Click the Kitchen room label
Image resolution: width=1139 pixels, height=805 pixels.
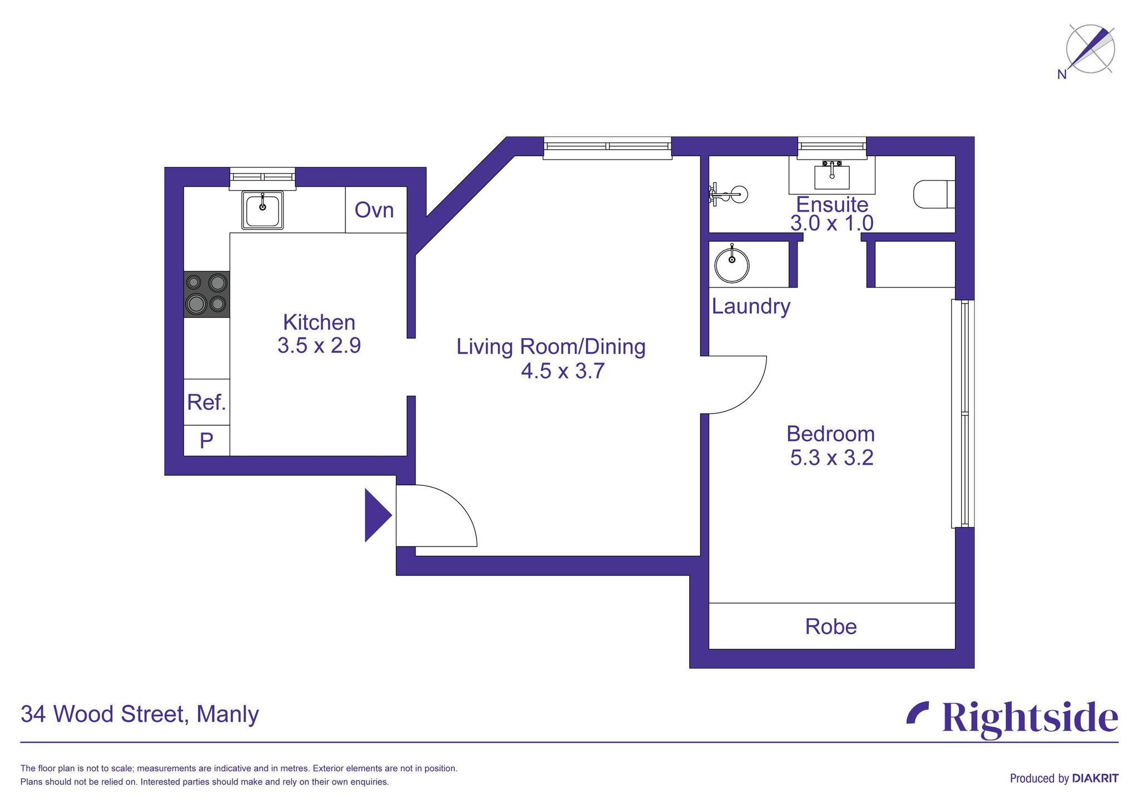pos(319,322)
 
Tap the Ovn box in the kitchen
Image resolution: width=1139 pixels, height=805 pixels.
pos(374,210)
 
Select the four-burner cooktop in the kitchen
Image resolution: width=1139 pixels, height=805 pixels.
pos(206,294)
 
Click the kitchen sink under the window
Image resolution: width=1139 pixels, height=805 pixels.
pos(263,210)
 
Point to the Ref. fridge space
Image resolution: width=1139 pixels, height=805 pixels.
pos(206,402)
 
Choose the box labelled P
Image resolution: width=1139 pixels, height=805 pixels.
pos(206,441)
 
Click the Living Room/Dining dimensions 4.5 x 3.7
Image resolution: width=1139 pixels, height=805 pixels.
pos(562,371)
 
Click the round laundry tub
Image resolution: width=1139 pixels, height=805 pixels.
pos(732,265)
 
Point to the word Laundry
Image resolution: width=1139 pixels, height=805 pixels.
pos(751,306)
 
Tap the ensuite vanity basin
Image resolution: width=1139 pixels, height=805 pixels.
pos(831,176)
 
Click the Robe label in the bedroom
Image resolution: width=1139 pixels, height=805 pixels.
pos(831,627)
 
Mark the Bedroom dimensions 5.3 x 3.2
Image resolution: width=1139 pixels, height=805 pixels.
pos(831,458)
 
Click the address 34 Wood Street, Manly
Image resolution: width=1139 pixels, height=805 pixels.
pos(140,714)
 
